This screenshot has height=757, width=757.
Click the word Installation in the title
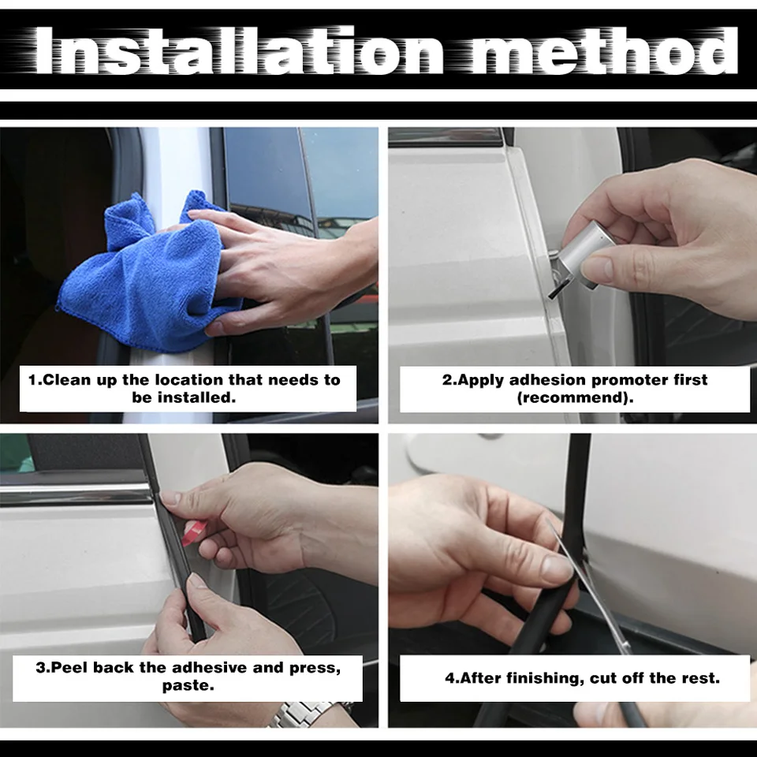238,50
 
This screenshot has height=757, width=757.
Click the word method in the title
605,50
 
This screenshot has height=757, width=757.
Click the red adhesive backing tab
193,533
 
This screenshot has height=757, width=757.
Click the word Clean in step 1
66,380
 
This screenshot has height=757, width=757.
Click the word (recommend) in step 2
575,397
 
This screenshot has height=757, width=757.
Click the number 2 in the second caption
448,380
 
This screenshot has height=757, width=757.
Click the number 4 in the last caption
450,678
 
